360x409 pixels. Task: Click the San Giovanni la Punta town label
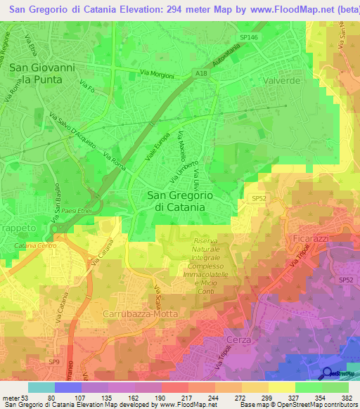(41, 74)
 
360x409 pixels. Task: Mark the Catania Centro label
(34, 247)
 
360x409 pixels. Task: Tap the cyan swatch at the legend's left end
(41, 387)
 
